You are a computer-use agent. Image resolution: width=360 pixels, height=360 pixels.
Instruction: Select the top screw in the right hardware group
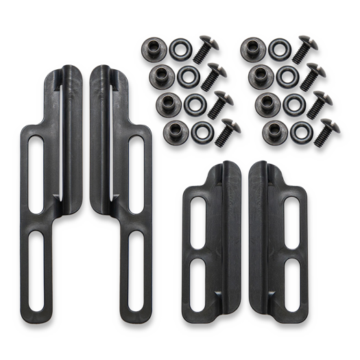301,49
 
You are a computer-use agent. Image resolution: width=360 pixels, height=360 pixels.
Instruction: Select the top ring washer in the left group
182,50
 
